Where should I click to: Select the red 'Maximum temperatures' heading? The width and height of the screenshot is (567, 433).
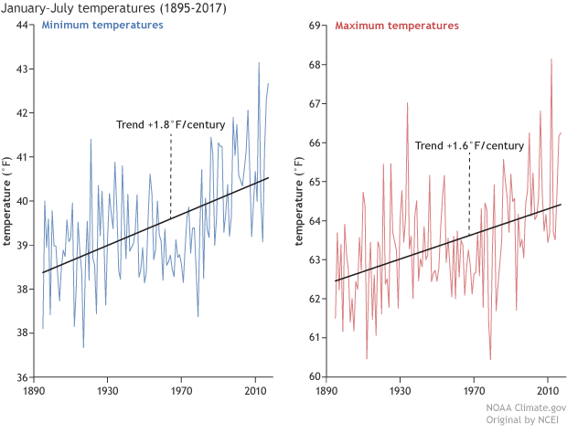[x=397, y=26]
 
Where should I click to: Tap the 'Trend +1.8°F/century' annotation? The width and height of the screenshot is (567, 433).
[x=170, y=124]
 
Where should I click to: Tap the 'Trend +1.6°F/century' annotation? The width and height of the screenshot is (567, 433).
[x=469, y=145]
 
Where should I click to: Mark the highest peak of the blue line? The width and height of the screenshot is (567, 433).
[x=259, y=63]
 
